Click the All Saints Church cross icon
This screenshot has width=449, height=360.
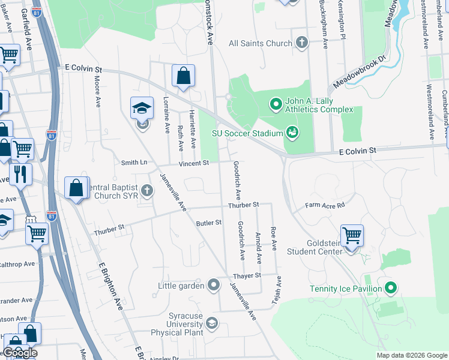(x=301, y=43)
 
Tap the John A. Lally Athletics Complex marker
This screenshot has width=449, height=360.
(x=276, y=105)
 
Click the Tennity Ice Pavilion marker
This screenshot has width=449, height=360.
(x=391, y=289)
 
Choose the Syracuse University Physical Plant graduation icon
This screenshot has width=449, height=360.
(x=211, y=325)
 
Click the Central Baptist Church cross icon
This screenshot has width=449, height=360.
(x=147, y=191)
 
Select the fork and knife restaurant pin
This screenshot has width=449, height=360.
(x=20, y=174)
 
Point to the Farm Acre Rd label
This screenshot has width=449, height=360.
(x=325, y=205)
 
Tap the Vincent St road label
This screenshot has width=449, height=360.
(x=193, y=163)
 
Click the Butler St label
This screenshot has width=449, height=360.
(x=209, y=223)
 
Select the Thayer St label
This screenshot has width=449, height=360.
(x=247, y=275)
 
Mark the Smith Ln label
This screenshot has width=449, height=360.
(x=134, y=162)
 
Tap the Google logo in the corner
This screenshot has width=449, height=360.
(x=20, y=353)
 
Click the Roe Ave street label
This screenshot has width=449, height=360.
(x=273, y=238)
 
